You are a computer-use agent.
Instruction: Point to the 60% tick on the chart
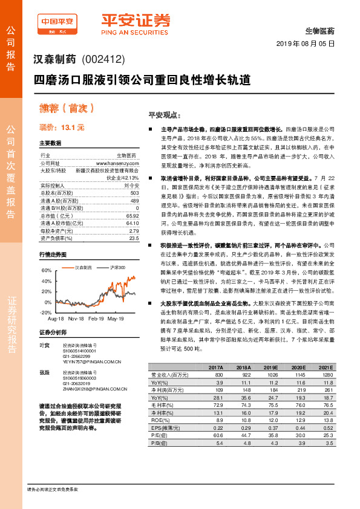[x=46, y=271]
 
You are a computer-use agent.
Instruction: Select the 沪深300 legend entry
[x=117, y=267]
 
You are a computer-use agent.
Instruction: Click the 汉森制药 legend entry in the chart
[x=83, y=267]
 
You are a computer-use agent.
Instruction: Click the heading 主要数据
[x=50, y=143]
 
